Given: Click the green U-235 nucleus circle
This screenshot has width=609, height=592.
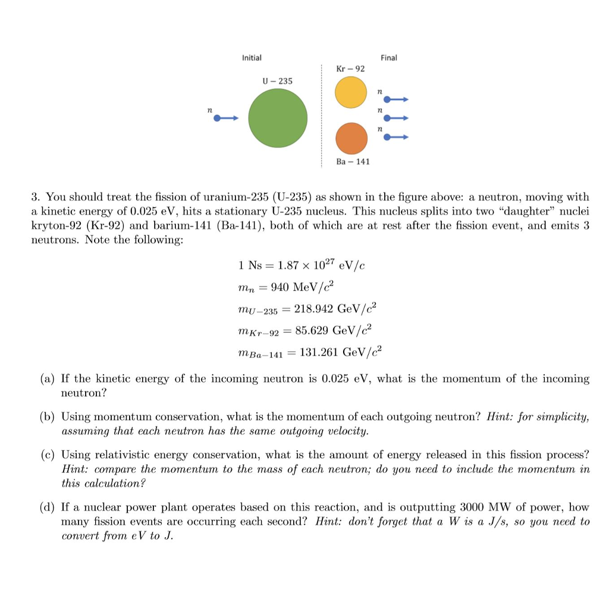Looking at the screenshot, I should point(278,118).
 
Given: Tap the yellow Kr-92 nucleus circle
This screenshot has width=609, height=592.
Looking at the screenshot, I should point(351,93).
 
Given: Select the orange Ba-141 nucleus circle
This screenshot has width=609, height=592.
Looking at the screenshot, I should point(351,138).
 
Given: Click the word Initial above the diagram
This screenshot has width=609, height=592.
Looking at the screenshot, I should point(252,58).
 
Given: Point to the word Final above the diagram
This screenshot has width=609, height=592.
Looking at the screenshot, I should point(389,58).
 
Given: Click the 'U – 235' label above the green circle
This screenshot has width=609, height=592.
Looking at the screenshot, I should point(277,80).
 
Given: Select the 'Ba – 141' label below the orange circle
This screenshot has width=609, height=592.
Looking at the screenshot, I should point(353,161).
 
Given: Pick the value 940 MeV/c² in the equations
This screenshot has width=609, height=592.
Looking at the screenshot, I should point(303,287).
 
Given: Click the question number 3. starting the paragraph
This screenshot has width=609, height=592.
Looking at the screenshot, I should point(36,197).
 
